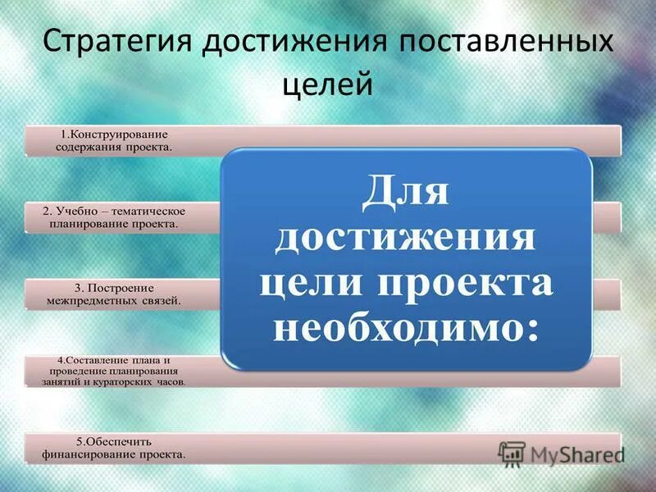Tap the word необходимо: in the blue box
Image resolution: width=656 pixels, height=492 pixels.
pyautogui.click(x=406, y=328)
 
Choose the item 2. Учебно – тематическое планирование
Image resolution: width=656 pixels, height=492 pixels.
pyautogui.click(x=115, y=217)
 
